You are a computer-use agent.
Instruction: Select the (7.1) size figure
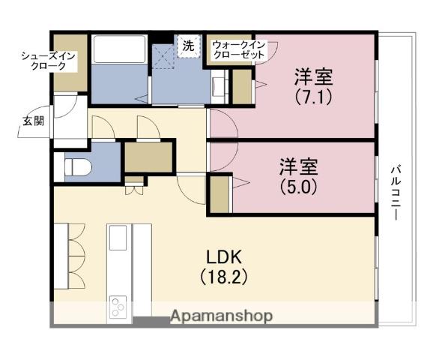[x=313, y=97]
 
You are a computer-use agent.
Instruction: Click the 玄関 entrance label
[x=28, y=121]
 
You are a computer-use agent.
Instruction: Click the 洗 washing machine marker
[x=188, y=46]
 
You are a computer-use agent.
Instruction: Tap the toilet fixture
[x=78, y=165]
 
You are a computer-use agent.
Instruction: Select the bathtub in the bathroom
[x=120, y=50]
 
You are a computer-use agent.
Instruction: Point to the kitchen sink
[x=120, y=238]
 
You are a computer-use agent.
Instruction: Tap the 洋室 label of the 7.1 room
[x=313, y=77]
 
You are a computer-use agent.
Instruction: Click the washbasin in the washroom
[x=218, y=84]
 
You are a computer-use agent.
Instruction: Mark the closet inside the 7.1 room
[x=242, y=87]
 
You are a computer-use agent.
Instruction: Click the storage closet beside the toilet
[x=148, y=157]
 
